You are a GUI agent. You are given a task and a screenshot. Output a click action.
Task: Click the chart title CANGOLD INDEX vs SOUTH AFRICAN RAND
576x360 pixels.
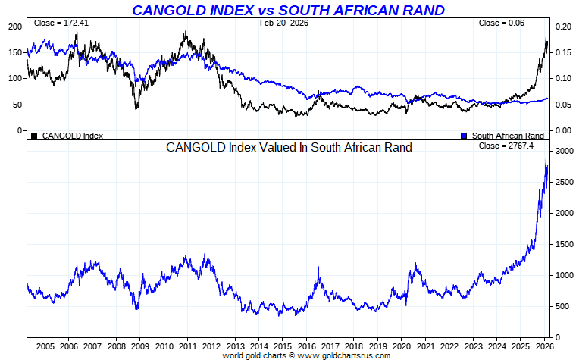coord(288,10)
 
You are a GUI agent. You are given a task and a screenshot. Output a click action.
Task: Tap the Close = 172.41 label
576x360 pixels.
coord(61,23)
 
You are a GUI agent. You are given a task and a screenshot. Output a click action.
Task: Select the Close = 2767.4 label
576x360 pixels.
coord(506,146)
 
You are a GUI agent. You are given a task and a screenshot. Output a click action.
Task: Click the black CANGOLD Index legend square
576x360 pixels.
coord(34,136)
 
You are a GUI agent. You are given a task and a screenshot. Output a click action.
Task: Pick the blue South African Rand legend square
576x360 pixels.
coord(464,136)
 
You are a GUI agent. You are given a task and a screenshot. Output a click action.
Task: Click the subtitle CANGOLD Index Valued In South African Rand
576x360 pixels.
coord(289,148)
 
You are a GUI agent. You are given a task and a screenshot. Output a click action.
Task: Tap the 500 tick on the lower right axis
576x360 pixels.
coord(561,306)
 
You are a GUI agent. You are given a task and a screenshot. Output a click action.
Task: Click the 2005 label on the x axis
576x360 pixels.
coord(45,346)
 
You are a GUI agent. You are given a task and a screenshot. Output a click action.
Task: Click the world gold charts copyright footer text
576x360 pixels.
coord(305,355)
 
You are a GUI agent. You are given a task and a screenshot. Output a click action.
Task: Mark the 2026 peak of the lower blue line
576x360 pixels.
coord(546,160)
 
